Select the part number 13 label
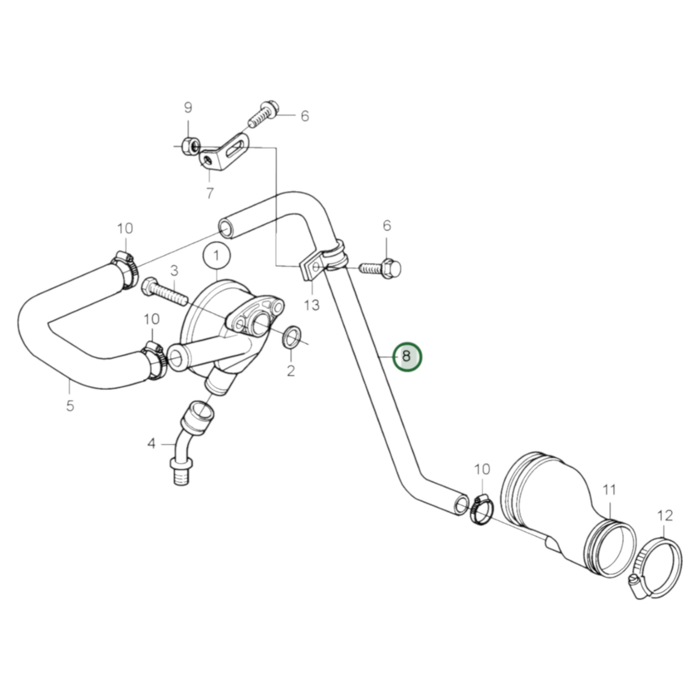coord(312,305)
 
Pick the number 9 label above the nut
coord(188,108)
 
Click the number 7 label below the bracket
coord(210,194)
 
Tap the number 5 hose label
coord(70,405)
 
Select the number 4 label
coord(151,443)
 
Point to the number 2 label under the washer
coord(291,371)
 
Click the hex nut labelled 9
coord(190,147)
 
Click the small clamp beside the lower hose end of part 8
coord(482,510)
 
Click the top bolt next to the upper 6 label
coord(263,114)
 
